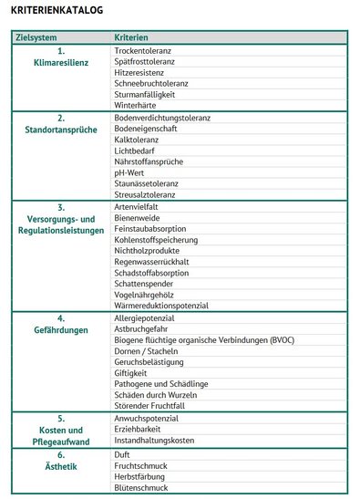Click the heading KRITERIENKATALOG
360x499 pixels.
pos(57,10)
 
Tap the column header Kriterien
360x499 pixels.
pos(130,37)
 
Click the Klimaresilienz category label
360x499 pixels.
pos(60,64)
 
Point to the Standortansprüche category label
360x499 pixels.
pos(60,130)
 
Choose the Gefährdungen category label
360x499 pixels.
pos(60,329)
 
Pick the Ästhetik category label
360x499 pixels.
pos(60,466)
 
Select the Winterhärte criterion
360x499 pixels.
pos(138,106)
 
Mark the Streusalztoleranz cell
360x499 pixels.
pos(146,194)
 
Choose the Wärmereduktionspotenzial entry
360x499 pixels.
pos(161,306)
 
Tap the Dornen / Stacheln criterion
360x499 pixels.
pos(146,351)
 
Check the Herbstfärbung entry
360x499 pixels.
pos(142,476)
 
